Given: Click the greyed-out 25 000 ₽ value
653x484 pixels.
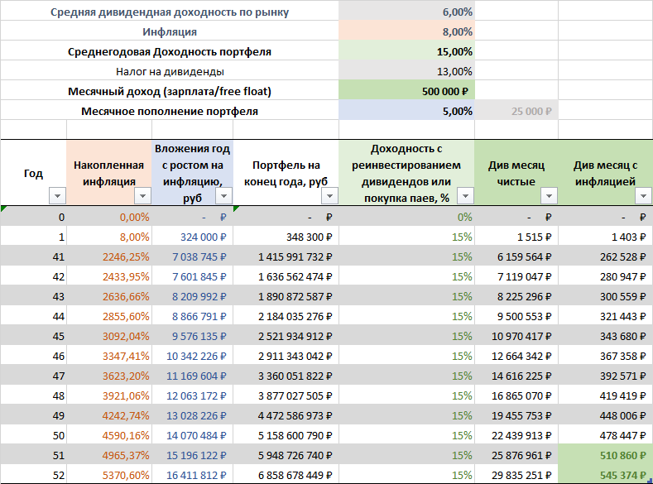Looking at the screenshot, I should click(x=532, y=111).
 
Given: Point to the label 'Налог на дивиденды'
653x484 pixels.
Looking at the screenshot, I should click(x=170, y=71).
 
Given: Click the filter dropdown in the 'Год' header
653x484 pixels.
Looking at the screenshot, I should click(x=57, y=196).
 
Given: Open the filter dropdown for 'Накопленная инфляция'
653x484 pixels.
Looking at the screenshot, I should click(x=142, y=196).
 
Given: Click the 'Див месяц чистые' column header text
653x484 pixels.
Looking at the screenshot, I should click(x=511, y=172).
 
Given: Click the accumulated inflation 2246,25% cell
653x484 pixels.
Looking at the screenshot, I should click(x=126, y=256).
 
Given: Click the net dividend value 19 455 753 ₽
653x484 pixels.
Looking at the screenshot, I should click(x=521, y=415).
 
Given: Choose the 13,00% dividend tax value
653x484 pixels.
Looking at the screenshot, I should click(x=454, y=71).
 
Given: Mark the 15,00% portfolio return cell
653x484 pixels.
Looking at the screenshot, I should click(x=454, y=52).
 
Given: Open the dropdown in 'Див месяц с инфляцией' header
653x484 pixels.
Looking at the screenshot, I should click(x=643, y=196).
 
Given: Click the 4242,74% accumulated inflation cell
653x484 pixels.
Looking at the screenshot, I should click(x=126, y=415).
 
